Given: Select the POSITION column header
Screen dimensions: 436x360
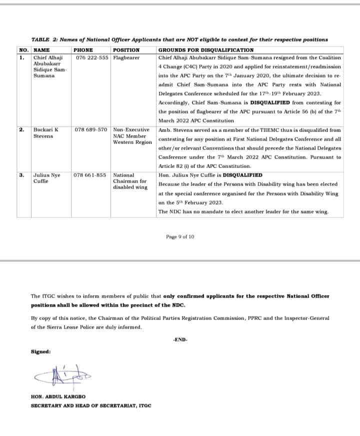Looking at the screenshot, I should tap(126, 50).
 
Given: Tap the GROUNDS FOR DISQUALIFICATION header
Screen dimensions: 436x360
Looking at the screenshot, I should tap(205, 50).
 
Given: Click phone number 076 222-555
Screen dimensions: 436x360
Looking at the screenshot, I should tap(92, 57).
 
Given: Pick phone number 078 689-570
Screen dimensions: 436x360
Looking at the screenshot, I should tap(91, 129).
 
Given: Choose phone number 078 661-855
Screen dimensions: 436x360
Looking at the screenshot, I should tap(90, 175).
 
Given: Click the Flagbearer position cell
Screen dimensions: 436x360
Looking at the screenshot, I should tap(126, 57).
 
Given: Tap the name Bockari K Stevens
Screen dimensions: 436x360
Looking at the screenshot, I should tap(45, 132).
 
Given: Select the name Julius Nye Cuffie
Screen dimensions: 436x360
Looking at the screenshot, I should tap(46, 178).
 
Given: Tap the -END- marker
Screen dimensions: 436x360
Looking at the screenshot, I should tap(180, 339).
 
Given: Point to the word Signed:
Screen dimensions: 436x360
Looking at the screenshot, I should tap(40, 351).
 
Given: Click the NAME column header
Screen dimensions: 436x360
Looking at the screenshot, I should tap(41, 50).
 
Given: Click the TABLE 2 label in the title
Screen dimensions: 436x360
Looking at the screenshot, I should tap(45, 39).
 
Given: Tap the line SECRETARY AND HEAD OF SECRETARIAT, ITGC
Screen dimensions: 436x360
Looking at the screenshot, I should tap(91, 405).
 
